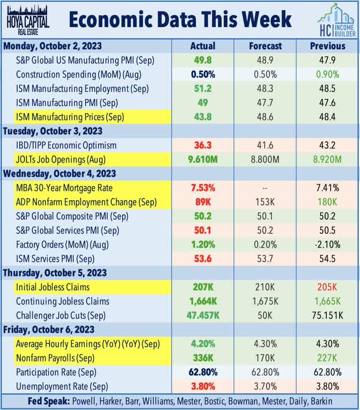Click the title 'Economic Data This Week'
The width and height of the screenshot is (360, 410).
[x=181, y=20]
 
